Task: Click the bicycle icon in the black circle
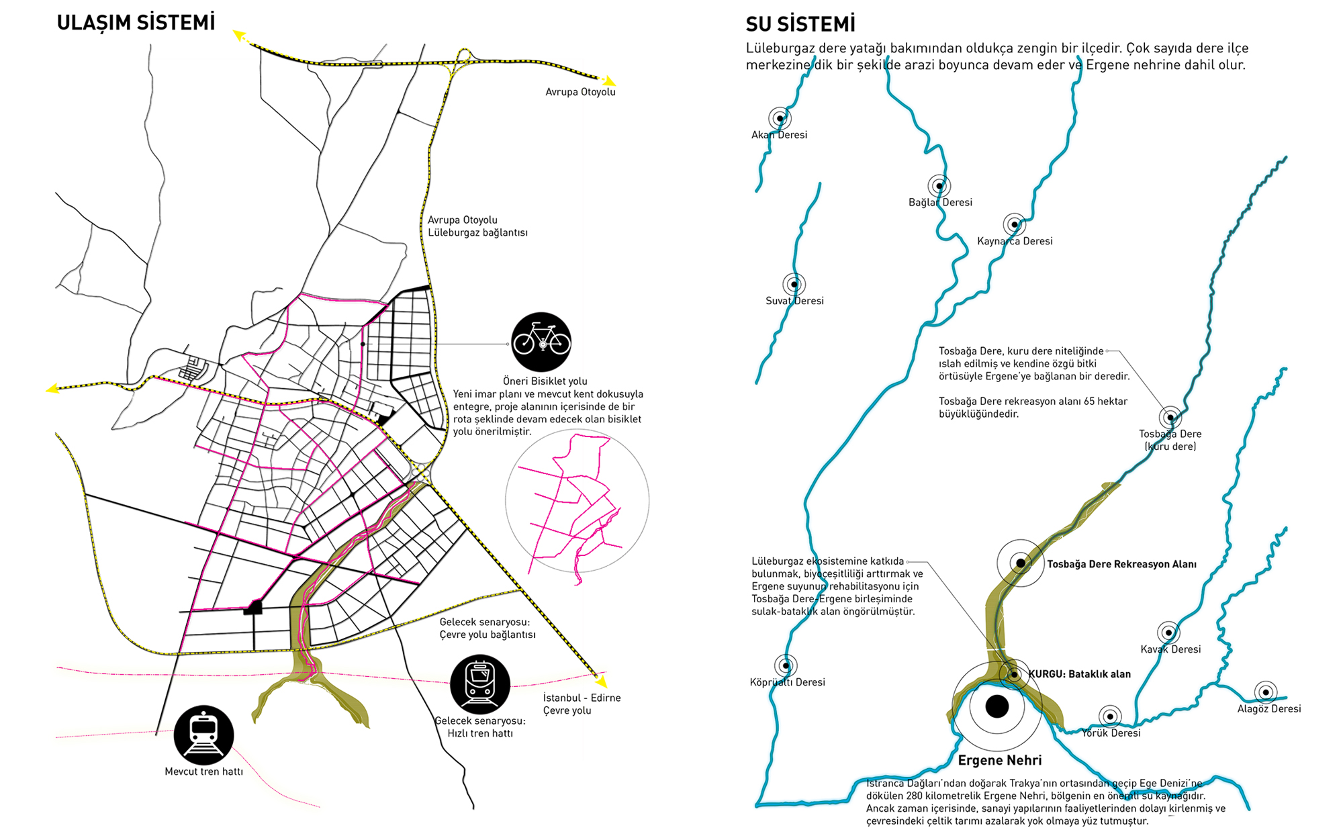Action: (x=541, y=342)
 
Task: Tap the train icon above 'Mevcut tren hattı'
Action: (x=203, y=735)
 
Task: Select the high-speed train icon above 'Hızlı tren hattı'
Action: (x=480, y=684)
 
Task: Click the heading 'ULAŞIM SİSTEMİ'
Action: (x=136, y=23)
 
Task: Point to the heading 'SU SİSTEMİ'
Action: (x=800, y=25)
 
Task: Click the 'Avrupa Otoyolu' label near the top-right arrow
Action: (x=580, y=92)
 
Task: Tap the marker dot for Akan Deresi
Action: (x=780, y=118)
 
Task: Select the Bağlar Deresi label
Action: (x=940, y=202)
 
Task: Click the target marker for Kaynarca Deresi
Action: (x=1015, y=224)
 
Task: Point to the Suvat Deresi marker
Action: (x=794, y=284)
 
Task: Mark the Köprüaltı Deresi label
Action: (x=787, y=682)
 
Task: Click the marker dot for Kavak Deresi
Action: (x=1169, y=633)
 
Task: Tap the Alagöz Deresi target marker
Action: (x=1266, y=692)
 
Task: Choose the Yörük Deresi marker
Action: (x=1110, y=716)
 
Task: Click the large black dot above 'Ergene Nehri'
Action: (x=997, y=706)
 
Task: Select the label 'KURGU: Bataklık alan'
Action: (x=1080, y=674)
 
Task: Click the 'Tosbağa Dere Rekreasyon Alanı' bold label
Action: (x=1121, y=564)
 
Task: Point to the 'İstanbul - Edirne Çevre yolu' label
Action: (x=582, y=704)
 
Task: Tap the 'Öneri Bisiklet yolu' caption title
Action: (x=545, y=381)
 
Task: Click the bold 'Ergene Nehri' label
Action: (x=1000, y=760)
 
